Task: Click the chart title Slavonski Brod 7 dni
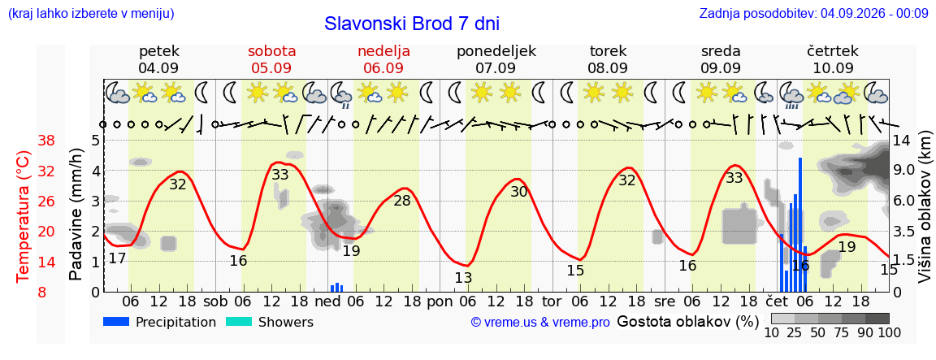coord(412,24)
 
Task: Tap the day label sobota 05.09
coord(271,59)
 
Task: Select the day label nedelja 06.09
coord(383,59)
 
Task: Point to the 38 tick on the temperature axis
coord(46,141)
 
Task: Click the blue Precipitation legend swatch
coord(117,322)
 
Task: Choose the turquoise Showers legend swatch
coord(240,322)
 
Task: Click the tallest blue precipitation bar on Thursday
coord(799,224)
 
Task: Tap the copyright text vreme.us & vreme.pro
coord(540,323)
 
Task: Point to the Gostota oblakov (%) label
coord(687,322)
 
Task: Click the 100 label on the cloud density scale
coord(889,332)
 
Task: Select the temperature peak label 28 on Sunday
coord(402,201)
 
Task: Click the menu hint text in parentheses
coord(91,14)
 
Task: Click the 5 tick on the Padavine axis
coord(95,141)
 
